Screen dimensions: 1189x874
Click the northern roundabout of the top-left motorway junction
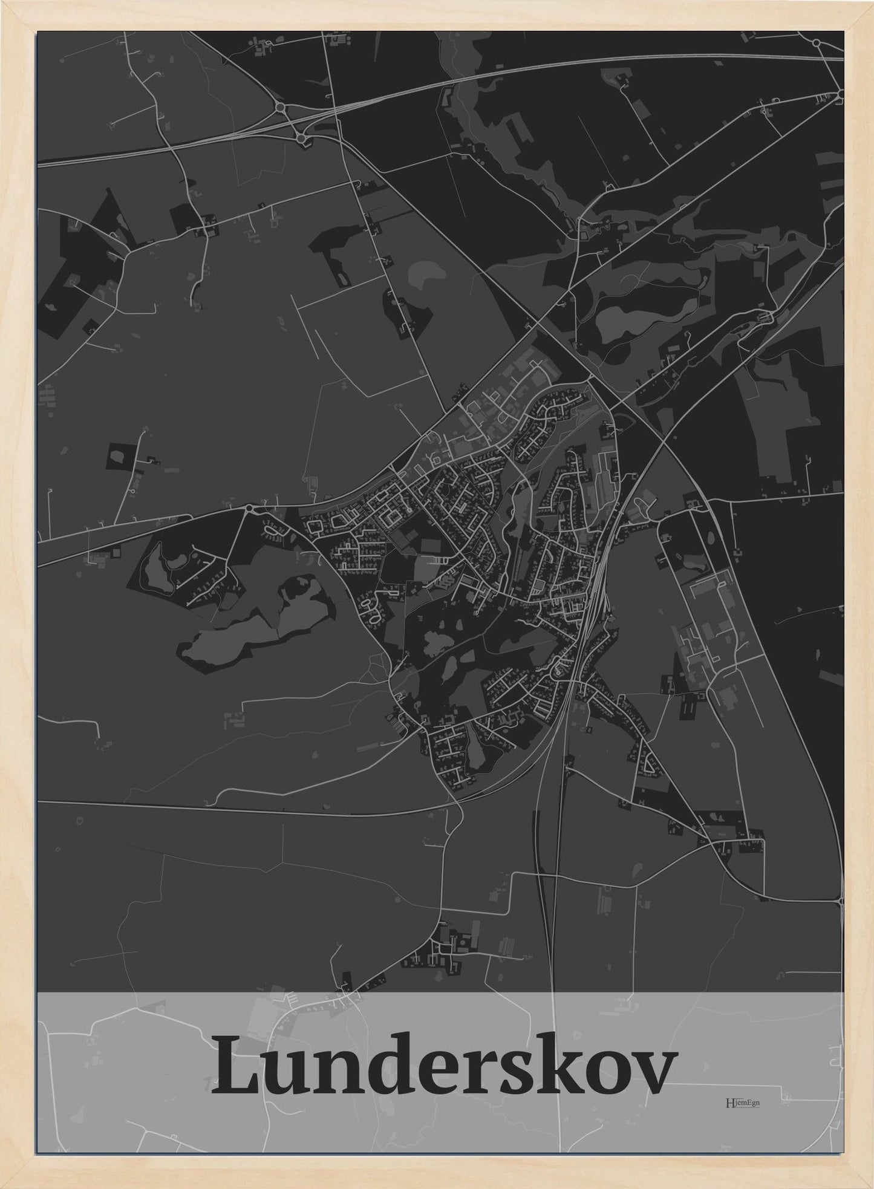pos(279,108)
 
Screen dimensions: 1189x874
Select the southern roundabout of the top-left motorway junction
pos(302,138)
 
